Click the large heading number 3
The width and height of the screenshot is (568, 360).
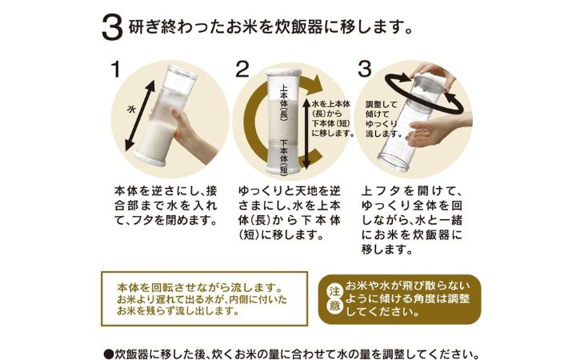[x=112, y=28]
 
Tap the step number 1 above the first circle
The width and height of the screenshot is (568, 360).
[x=115, y=69]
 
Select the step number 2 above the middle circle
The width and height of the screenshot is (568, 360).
[x=242, y=69]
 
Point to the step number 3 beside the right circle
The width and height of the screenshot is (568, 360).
[x=365, y=69]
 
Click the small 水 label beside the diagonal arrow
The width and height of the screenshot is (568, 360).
[x=131, y=109]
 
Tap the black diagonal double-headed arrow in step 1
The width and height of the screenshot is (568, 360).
[x=139, y=115]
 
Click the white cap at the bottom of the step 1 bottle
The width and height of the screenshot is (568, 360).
[x=150, y=158]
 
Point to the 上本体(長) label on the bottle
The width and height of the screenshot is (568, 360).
[x=284, y=102]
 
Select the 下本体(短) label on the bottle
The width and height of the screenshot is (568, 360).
[x=284, y=157]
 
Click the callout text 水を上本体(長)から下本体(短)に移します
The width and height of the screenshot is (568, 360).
[x=333, y=118]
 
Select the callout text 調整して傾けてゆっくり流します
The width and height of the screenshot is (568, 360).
[x=383, y=119]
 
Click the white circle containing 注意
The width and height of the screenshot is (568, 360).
[x=334, y=299]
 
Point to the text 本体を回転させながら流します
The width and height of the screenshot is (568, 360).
[x=199, y=288]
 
